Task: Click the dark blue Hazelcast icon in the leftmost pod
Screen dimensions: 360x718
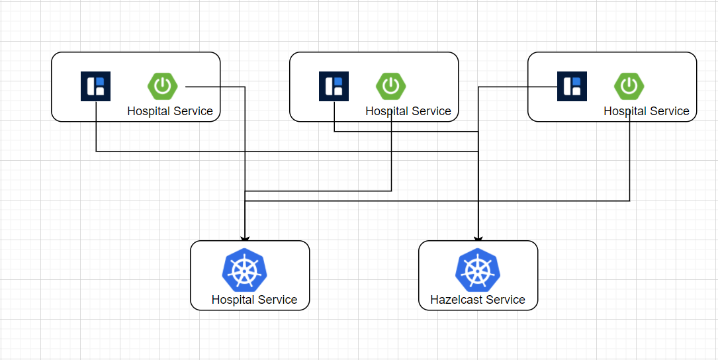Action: [95, 87]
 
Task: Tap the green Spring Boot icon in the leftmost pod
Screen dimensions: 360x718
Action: [162, 86]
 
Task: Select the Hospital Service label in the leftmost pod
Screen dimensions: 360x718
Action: [170, 111]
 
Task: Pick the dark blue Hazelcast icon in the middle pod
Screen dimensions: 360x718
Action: [334, 87]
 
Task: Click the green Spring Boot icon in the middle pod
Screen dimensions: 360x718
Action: [391, 86]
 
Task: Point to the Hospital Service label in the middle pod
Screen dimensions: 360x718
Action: [408, 111]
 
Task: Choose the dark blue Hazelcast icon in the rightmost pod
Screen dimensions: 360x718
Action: [572, 87]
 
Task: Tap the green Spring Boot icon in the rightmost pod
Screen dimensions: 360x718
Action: [629, 86]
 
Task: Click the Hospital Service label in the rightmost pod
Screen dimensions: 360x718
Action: [647, 111]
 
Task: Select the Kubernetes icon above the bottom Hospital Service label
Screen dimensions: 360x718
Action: [245, 271]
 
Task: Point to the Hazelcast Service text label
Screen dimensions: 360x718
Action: [478, 300]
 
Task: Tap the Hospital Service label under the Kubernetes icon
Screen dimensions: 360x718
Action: [254, 300]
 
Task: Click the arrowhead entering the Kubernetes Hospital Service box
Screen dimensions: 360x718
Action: [245, 238]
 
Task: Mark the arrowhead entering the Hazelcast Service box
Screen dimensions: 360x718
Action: [478, 238]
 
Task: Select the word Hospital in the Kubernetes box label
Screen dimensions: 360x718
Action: [234, 300]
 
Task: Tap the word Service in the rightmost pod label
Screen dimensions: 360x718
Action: [671, 111]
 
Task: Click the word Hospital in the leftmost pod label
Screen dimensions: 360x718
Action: [149, 111]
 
